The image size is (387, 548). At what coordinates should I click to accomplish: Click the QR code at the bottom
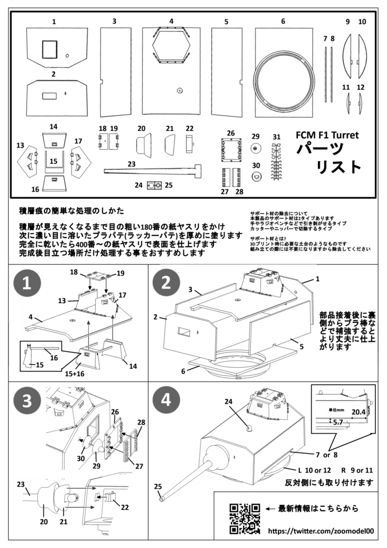pos(245,518)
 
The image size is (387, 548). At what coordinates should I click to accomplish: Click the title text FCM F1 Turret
pos(327,135)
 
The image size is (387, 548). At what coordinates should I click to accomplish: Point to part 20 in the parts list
pos(142,144)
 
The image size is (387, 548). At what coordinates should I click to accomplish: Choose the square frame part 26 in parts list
pos(231,150)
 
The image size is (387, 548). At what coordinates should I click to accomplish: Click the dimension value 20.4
pos(358,413)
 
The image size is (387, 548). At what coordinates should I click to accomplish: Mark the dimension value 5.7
pos(337,422)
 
